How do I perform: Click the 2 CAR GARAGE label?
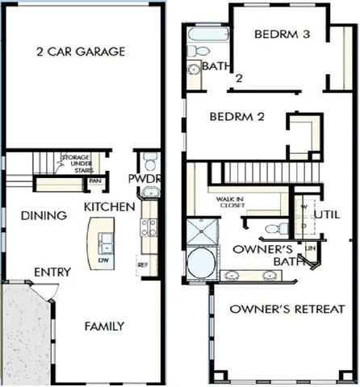coord(80,52)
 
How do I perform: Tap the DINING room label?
coord(39,215)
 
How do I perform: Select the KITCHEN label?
coord(110,207)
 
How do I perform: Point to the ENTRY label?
coord(52,272)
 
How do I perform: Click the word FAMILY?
coord(105,327)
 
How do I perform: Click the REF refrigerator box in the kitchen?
coord(143,264)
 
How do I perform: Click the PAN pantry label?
coord(95,181)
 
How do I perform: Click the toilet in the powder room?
coord(148,159)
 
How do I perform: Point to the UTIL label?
coord(329,214)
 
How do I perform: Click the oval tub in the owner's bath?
coord(198,264)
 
